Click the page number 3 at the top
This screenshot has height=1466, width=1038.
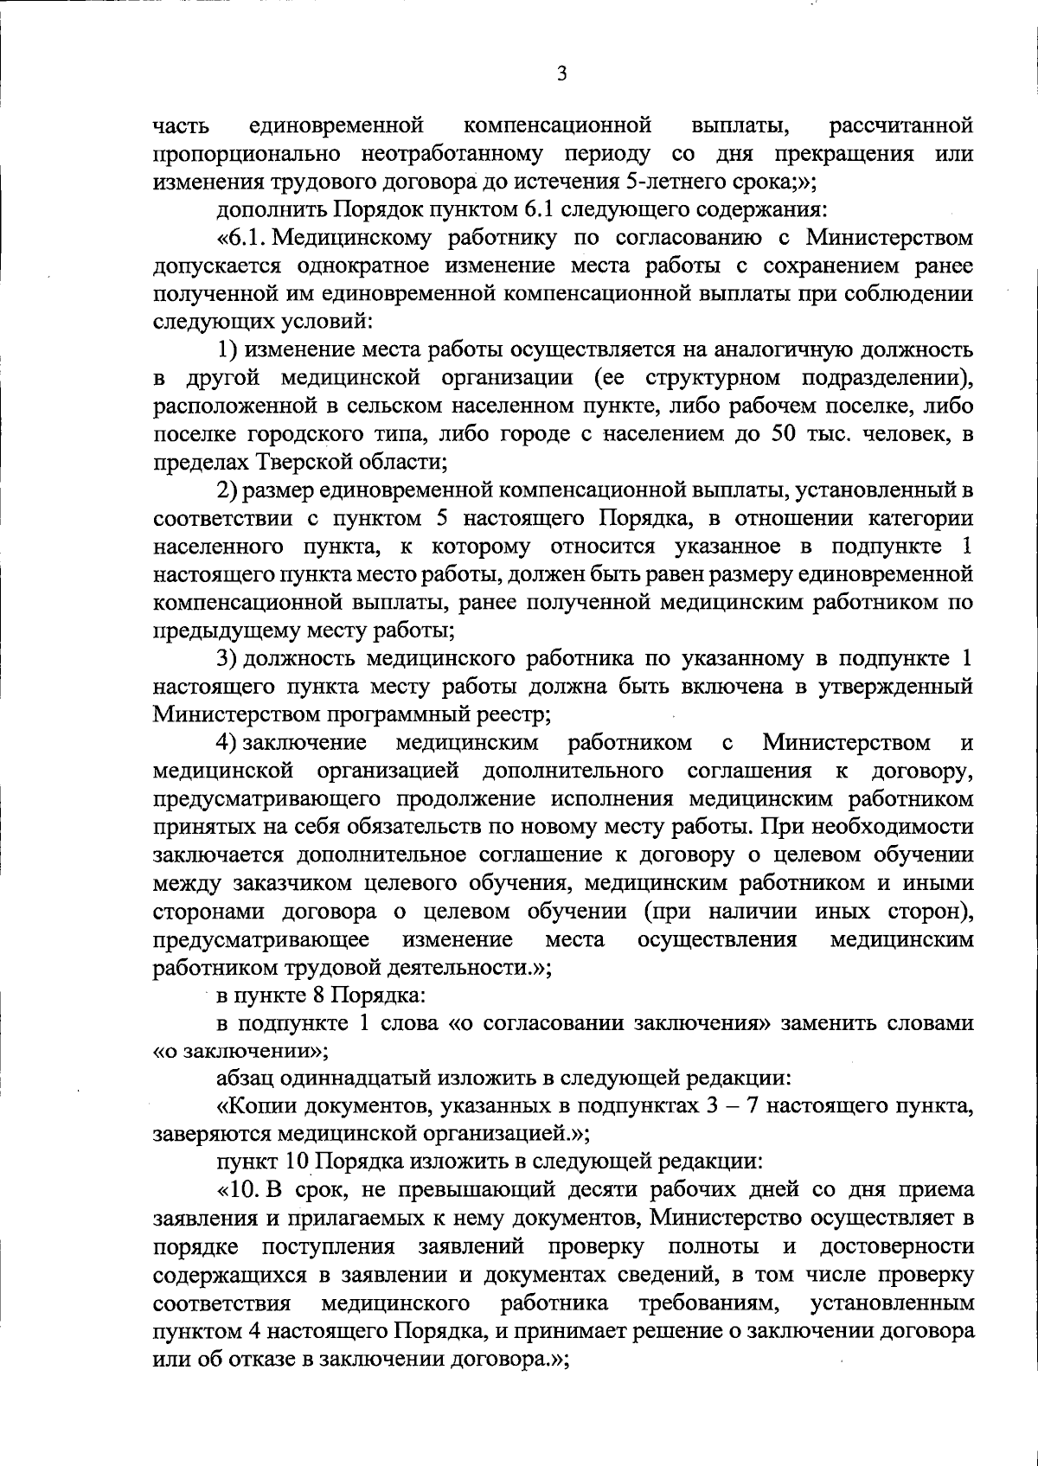(561, 75)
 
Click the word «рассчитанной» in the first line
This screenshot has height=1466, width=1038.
(900, 126)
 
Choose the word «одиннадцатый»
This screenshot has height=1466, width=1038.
(349, 1079)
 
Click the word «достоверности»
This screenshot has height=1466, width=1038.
(895, 1246)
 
